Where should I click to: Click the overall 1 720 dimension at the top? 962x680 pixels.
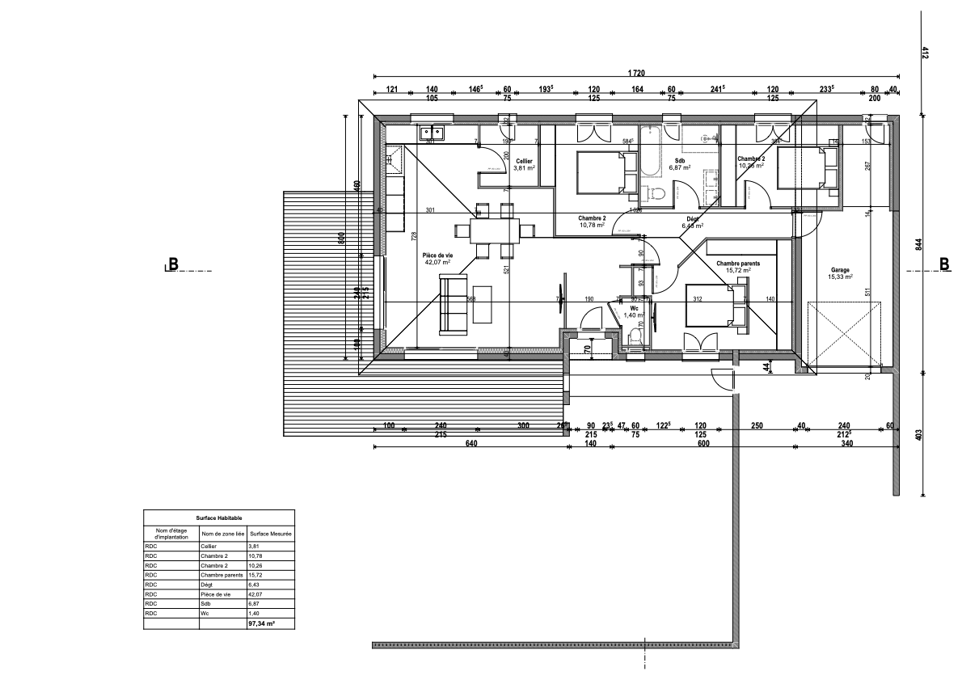(636, 74)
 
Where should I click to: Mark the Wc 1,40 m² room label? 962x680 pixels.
(635, 311)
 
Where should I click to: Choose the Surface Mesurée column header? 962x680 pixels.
(271, 534)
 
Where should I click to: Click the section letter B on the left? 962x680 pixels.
(172, 264)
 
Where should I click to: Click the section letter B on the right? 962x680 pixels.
(945, 264)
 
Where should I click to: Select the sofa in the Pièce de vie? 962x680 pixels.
(453, 304)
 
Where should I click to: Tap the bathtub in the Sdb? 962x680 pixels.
(650, 151)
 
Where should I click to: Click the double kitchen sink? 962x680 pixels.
(430, 132)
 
